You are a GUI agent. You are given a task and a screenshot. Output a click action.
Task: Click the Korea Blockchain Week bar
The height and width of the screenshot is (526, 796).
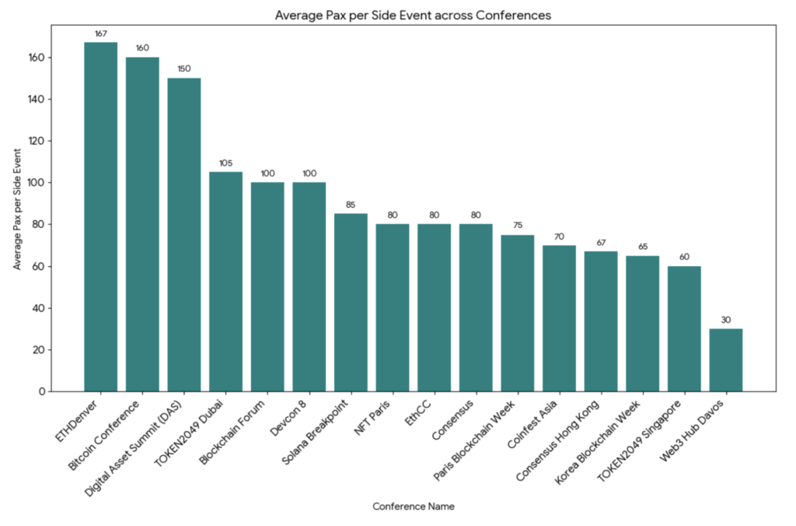pos(642,323)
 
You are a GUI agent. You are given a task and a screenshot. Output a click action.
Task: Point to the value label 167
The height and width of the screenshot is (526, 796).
pos(101,33)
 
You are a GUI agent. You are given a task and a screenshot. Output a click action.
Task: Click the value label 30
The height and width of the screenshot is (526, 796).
pos(726,320)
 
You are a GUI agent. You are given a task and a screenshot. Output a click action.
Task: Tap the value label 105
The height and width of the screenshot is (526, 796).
pos(226,163)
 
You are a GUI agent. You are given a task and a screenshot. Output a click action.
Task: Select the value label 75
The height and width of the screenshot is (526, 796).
pos(518,226)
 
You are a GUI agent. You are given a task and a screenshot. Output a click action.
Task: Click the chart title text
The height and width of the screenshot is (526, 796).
pos(413,15)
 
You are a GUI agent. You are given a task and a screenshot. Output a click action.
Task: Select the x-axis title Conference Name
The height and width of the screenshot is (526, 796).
pos(413,506)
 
